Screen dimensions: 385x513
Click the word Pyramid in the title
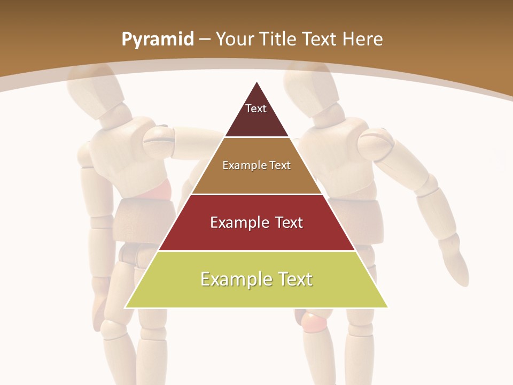[158, 40]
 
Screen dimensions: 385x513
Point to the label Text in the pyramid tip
[256, 109]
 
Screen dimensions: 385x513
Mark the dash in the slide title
[205, 40]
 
